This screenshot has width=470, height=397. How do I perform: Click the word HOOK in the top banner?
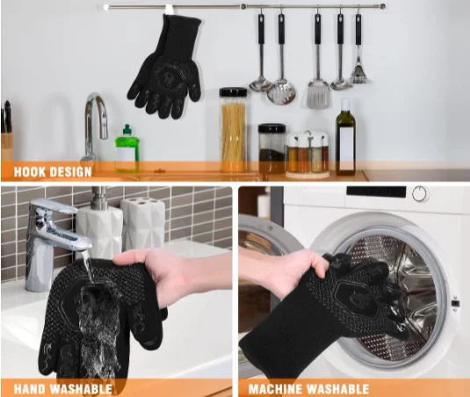pyautogui.click(x=29, y=172)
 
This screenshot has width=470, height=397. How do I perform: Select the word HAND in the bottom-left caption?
pyautogui.click(x=30, y=389)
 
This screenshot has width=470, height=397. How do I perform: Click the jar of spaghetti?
pyautogui.click(x=233, y=130)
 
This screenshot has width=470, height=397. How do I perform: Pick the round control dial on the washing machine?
pyautogui.click(x=420, y=193)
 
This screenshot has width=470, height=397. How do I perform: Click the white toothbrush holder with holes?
pyautogui.click(x=143, y=223)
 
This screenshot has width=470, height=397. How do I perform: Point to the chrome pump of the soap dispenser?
pyautogui.click(x=98, y=198)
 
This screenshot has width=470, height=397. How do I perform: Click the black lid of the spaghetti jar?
pyautogui.click(x=233, y=92)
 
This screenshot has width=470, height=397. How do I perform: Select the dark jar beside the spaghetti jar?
pyautogui.click(x=271, y=149)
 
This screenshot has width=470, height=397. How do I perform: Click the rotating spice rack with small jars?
pyautogui.click(x=307, y=155)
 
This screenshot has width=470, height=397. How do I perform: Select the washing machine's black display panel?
pyautogui.click(x=376, y=192)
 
